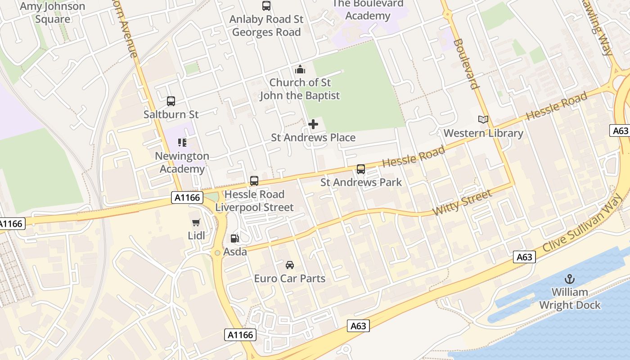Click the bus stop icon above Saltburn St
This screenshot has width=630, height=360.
pos(171,101)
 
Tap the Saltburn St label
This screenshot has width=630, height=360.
pos(171,114)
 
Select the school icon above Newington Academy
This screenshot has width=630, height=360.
pos(182,143)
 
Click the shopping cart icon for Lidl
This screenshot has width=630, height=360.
pos(196,222)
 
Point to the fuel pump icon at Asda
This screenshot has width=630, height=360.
pos(234,238)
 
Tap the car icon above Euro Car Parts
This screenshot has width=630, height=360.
pos(290,265)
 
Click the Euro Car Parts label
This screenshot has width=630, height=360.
pos(290,279)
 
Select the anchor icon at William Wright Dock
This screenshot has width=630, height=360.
pos(570,279)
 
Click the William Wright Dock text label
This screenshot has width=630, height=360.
pos(570,299)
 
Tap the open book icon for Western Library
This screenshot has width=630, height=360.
pos(483,120)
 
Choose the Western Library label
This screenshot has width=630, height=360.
pos(483,133)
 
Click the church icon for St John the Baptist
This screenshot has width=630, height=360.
pos(300,69)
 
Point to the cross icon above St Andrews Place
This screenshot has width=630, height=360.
pos(313,124)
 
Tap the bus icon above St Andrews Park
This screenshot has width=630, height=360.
pos(361,169)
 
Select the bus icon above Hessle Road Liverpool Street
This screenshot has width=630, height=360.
pos(254,181)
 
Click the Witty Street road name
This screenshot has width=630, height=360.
pos(462,202)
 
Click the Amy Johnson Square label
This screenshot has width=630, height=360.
pos(53,13)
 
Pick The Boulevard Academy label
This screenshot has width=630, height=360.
pos(368,10)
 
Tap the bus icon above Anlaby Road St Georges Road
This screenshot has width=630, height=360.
pos(266,6)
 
